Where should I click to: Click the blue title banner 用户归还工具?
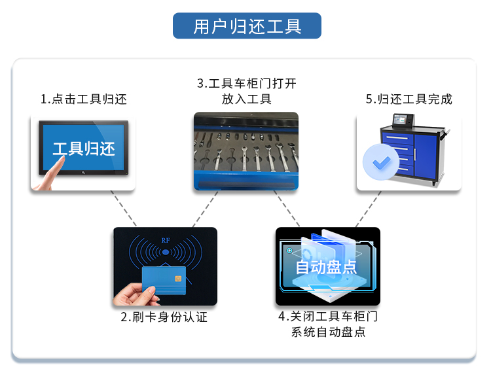(247, 26)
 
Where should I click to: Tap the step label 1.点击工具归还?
(83, 99)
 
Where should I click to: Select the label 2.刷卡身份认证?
(164, 317)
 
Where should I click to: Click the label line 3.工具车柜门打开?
(246, 84)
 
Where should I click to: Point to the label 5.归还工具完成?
(409, 99)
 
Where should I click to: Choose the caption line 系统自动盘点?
(328, 332)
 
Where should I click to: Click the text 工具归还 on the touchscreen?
(83, 149)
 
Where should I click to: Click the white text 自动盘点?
(326, 267)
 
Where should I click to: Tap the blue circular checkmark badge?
(381, 160)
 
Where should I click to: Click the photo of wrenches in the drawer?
(245, 151)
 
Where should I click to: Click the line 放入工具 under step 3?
(246, 99)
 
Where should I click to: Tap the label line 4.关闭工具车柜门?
(328, 317)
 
